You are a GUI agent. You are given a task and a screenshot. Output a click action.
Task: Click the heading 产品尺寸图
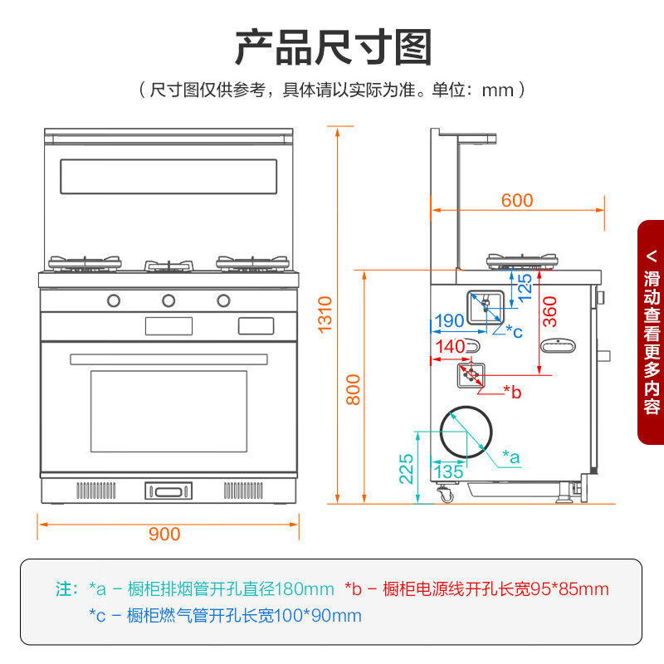click(x=333, y=46)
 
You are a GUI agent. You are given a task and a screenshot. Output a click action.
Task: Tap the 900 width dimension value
click(x=164, y=534)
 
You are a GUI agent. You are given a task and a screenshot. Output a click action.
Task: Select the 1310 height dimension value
click(x=325, y=315)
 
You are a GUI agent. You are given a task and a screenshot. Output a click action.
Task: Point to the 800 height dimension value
click(x=354, y=388)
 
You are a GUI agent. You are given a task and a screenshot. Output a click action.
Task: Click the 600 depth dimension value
click(x=517, y=200)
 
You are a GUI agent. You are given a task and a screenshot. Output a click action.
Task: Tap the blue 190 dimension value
click(x=449, y=321)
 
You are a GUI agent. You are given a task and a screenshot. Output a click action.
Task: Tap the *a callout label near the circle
click(x=511, y=456)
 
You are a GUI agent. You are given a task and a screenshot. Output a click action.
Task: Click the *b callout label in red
click(x=512, y=392)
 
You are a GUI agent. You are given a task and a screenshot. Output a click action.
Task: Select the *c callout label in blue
click(x=514, y=332)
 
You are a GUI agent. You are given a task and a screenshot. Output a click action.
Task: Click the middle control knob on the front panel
click(x=168, y=300)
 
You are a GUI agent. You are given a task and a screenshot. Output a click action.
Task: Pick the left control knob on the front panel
click(x=113, y=300)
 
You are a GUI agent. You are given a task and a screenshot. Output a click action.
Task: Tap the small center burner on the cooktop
click(x=169, y=266)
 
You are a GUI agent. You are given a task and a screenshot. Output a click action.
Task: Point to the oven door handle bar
click(x=168, y=359)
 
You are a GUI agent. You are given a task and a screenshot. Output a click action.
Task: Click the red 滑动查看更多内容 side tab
click(x=652, y=332)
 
